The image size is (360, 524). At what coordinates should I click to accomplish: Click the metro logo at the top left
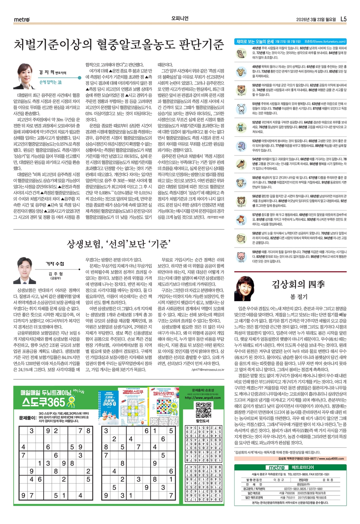click(x=22, y=19)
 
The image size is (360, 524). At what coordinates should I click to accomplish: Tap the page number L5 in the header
click(x=343, y=19)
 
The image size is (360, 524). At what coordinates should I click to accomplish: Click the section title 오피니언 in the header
click(x=180, y=19)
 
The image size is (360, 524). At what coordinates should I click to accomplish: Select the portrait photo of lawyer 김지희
click(x=24, y=76)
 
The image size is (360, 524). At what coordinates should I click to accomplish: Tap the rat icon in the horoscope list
click(x=241, y=53)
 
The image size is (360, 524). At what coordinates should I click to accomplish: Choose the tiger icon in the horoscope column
click(x=241, y=90)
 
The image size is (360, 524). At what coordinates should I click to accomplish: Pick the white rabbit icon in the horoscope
click(x=241, y=108)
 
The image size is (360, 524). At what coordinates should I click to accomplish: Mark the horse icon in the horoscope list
click(x=241, y=164)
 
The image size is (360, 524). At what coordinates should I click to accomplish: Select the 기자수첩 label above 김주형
click(x=55, y=264)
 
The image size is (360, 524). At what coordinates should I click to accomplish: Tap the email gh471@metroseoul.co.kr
click(x=208, y=370)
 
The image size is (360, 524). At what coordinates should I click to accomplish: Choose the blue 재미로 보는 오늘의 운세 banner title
click(x=255, y=41)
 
